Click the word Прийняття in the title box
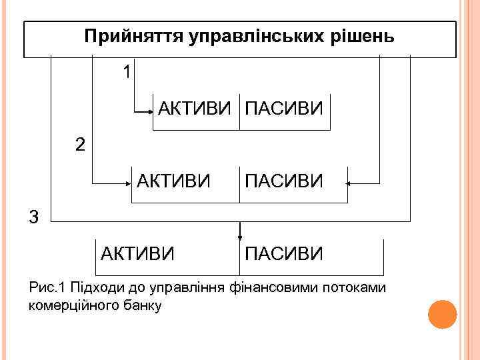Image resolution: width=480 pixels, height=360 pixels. click(124, 37)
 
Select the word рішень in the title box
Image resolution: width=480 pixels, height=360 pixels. click(362, 37)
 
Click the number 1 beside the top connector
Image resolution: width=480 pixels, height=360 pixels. click(127, 71)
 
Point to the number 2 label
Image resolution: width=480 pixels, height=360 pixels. click(80, 145)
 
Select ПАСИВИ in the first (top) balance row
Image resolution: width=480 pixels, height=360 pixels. click(284, 107)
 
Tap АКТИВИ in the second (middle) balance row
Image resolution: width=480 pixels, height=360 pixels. click(174, 180)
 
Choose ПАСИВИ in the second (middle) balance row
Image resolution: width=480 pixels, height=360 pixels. click(284, 180)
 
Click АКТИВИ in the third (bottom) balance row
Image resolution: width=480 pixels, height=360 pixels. click(138, 253)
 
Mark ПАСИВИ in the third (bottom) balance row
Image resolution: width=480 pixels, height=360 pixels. click(284, 253)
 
